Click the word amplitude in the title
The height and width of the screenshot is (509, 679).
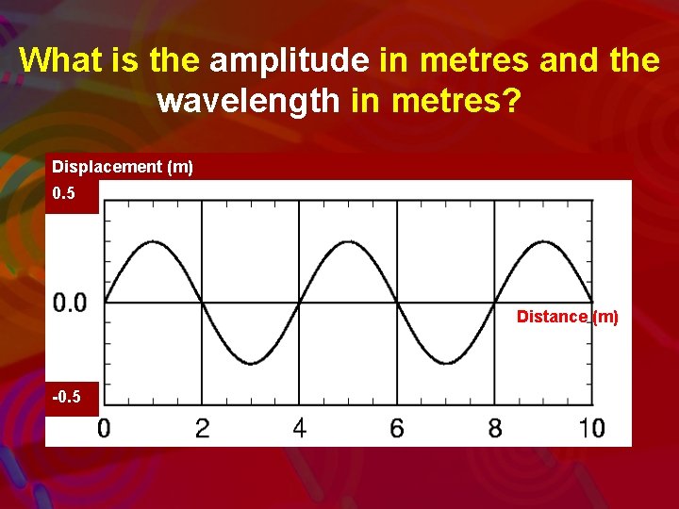(290, 60)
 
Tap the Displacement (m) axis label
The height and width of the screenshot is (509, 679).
(123, 167)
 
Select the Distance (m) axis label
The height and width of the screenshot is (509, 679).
(568, 317)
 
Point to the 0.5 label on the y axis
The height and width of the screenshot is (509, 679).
(64, 194)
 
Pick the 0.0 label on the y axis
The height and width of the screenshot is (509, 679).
(70, 303)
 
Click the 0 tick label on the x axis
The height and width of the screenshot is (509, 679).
(104, 429)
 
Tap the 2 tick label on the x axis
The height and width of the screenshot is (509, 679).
(202, 429)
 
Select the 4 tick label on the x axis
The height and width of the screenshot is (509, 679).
(300, 429)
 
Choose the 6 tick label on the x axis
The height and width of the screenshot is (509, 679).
(397, 429)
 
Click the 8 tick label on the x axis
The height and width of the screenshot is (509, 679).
(495, 429)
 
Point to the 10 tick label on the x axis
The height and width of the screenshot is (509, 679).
(591, 429)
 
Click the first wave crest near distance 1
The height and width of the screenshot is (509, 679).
(153, 242)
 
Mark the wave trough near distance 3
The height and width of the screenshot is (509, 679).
(251, 363)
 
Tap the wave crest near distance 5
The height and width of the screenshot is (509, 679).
(348, 242)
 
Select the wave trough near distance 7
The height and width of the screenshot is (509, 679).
(446, 363)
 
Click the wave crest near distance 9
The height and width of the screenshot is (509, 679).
(544, 242)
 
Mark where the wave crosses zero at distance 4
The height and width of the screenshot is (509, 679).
(300, 303)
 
